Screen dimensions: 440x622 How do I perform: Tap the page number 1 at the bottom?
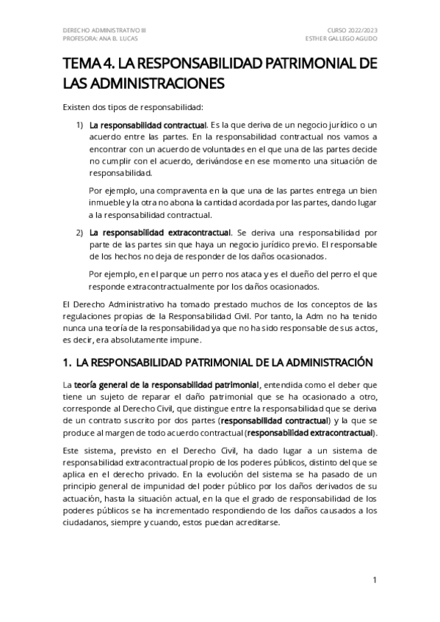[x=375, y=580]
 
